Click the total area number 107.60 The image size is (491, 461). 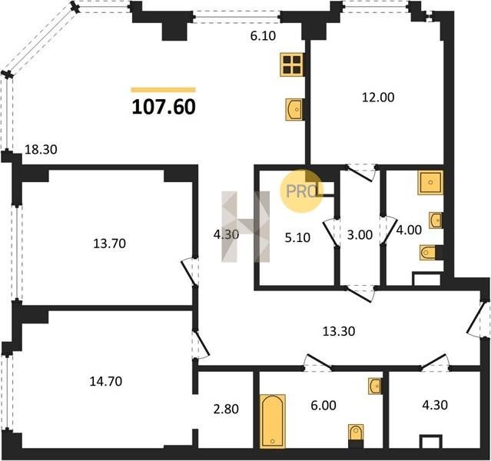(164, 107)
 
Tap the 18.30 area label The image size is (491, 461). (41, 149)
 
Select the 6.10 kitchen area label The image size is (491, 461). (263, 35)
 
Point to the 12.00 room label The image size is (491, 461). (378, 98)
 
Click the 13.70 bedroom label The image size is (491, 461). (110, 244)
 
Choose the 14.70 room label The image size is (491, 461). (106, 381)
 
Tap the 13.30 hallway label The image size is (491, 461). (339, 331)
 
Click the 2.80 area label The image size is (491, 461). (226, 409)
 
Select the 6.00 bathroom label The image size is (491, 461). (323, 405)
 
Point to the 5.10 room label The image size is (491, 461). (297, 237)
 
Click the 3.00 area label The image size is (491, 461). (360, 234)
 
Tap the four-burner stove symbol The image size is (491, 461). (292, 65)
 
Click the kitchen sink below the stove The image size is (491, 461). (294, 109)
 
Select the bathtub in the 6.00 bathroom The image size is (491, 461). (273, 421)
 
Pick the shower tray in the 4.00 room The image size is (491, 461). (430, 183)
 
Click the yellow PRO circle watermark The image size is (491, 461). (301, 191)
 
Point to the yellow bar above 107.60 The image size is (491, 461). (164, 90)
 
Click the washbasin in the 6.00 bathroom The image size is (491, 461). (375, 386)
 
